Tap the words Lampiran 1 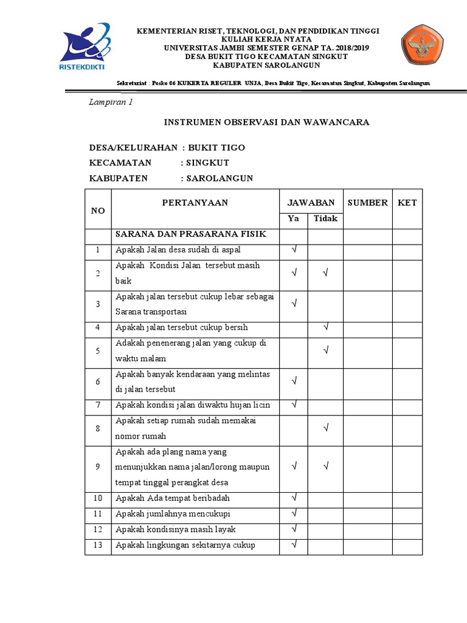[x=111, y=102]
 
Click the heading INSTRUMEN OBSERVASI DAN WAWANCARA [x=267, y=122]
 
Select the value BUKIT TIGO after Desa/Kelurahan [x=216, y=148]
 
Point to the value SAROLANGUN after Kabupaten [x=220, y=178]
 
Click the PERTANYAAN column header [x=195, y=203]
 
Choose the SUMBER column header [x=367, y=203]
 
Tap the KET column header [x=407, y=203]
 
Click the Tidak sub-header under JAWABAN [x=325, y=218]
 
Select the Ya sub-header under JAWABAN [x=293, y=218]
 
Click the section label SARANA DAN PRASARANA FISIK [x=191, y=234]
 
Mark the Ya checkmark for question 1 [x=294, y=249]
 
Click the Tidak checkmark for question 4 [x=326, y=327]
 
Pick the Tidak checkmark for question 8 [x=326, y=428]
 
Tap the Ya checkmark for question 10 [x=294, y=498]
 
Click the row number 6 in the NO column [x=97, y=381]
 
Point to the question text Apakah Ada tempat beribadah [x=168, y=499]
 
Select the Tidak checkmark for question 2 [x=326, y=273]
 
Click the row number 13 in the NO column [x=97, y=545]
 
